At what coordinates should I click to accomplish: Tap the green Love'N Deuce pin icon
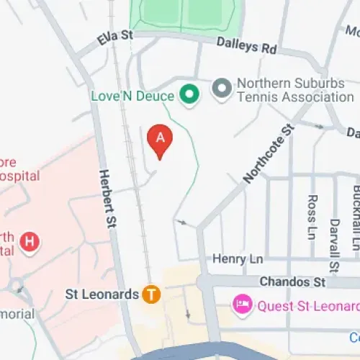tap(189, 94)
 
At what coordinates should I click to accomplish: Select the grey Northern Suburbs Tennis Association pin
tap(221, 89)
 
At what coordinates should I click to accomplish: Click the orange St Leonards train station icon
tap(150, 294)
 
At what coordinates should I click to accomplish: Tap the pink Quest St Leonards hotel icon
tap(242, 305)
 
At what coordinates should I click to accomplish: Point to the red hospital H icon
tap(29, 242)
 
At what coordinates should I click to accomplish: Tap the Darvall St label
tap(334, 245)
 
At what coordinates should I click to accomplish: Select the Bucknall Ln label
tap(356, 216)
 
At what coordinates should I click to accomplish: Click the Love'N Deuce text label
tap(132, 95)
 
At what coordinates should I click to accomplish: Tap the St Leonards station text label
tap(101, 294)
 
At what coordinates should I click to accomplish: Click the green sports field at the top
tap(183, 13)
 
